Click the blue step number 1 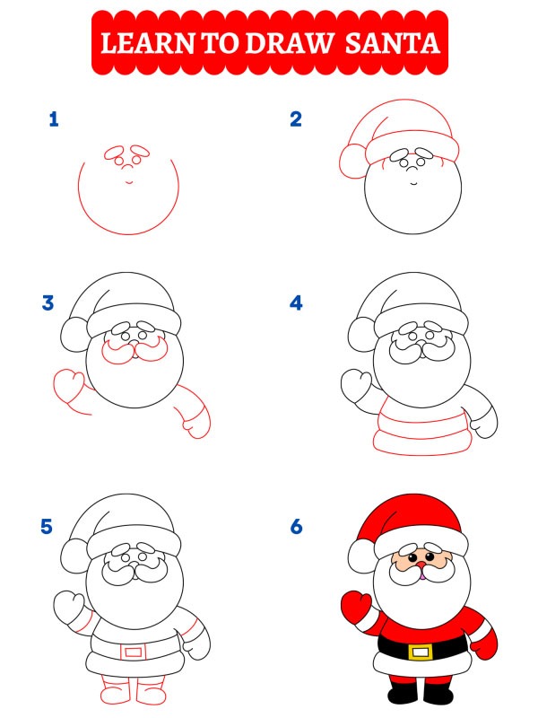[54, 119]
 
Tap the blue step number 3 [48, 303]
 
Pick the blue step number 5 [48, 527]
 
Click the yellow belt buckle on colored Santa [420, 650]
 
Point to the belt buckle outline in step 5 [132, 650]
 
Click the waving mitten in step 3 [69, 387]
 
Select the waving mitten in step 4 [356, 387]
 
